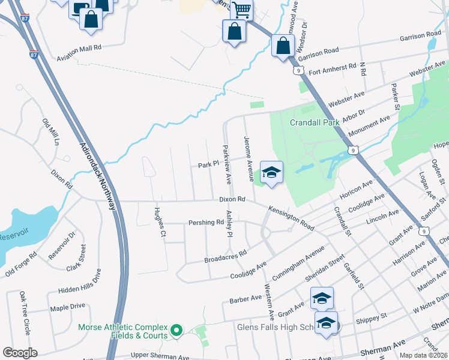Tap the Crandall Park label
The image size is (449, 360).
315,122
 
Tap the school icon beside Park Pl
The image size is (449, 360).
271,172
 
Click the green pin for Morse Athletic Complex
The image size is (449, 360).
176,330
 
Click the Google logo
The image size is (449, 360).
20,353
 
